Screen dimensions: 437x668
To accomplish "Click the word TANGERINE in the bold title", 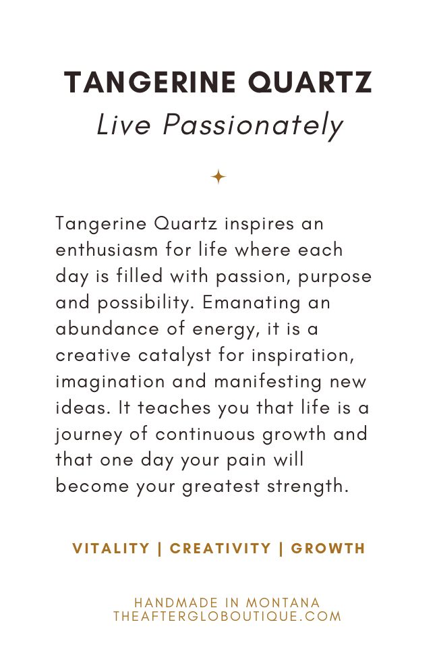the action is pyautogui.click(x=150, y=82).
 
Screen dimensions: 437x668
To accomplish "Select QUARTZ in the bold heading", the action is pyautogui.click(x=310, y=82).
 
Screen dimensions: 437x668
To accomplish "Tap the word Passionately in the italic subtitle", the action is pyautogui.click(x=253, y=126).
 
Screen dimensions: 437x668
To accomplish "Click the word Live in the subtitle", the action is pyautogui.click(x=124, y=125).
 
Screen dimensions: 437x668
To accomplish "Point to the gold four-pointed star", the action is pyautogui.click(x=218, y=176).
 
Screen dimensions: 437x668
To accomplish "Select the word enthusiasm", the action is pyautogui.click(x=107, y=250).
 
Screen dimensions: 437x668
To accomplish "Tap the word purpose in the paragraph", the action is pyautogui.click(x=334, y=277).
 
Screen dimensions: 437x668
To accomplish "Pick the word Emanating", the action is pyautogui.click(x=252, y=304).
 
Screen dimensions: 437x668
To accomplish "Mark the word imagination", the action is pyautogui.click(x=111, y=382).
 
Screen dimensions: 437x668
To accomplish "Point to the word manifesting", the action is pyautogui.click(x=268, y=382).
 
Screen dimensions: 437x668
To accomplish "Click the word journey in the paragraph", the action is pyautogui.click(x=89, y=435).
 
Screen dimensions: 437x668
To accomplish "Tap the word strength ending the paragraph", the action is pyautogui.click(x=308, y=487).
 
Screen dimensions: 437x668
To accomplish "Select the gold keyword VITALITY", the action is pyautogui.click(x=111, y=549).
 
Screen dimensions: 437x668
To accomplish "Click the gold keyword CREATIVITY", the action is pyautogui.click(x=221, y=549).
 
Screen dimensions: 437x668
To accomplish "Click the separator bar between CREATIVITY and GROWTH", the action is pyautogui.click(x=281, y=549).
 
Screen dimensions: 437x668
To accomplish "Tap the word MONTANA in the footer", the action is pyautogui.click(x=283, y=603).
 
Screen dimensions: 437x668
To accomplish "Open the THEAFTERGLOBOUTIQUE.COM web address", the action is pyautogui.click(x=227, y=617).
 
